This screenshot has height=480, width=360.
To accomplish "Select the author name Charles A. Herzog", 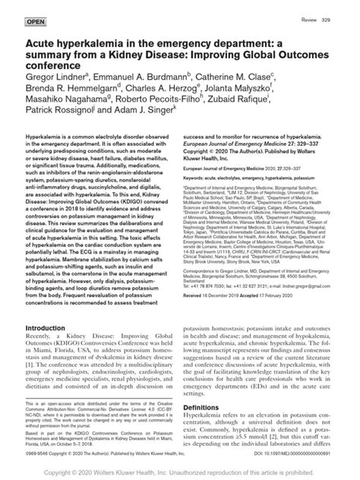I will [x=191, y=89].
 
